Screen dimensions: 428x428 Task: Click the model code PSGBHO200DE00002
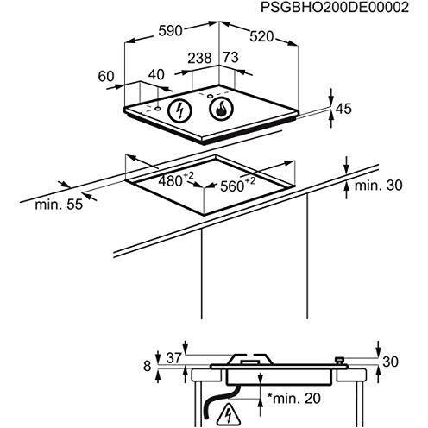(x=335, y=7)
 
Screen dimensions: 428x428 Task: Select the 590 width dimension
(x=171, y=31)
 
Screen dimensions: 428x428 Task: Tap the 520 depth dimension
(x=261, y=37)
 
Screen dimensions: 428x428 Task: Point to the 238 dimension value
(x=199, y=58)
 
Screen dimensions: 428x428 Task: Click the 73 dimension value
(x=231, y=57)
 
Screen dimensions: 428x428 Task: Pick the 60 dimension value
(x=106, y=77)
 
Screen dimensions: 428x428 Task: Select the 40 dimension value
(x=156, y=74)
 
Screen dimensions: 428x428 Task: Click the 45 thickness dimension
(x=343, y=109)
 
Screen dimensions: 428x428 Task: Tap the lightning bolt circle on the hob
(x=179, y=110)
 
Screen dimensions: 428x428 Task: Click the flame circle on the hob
(x=222, y=110)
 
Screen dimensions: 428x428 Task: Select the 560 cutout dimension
(x=237, y=185)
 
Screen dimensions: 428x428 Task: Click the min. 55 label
(x=59, y=205)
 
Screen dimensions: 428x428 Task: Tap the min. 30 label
(x=378, y=186)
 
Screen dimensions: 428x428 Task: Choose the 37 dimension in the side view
(x=174, y=358)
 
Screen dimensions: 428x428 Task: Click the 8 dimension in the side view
(x=147, y=366)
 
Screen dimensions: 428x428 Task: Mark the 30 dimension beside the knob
(x=390, y=362)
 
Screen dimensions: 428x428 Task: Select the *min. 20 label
(x=293, y=399)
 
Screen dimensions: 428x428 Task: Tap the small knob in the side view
(x=340, y=360)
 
